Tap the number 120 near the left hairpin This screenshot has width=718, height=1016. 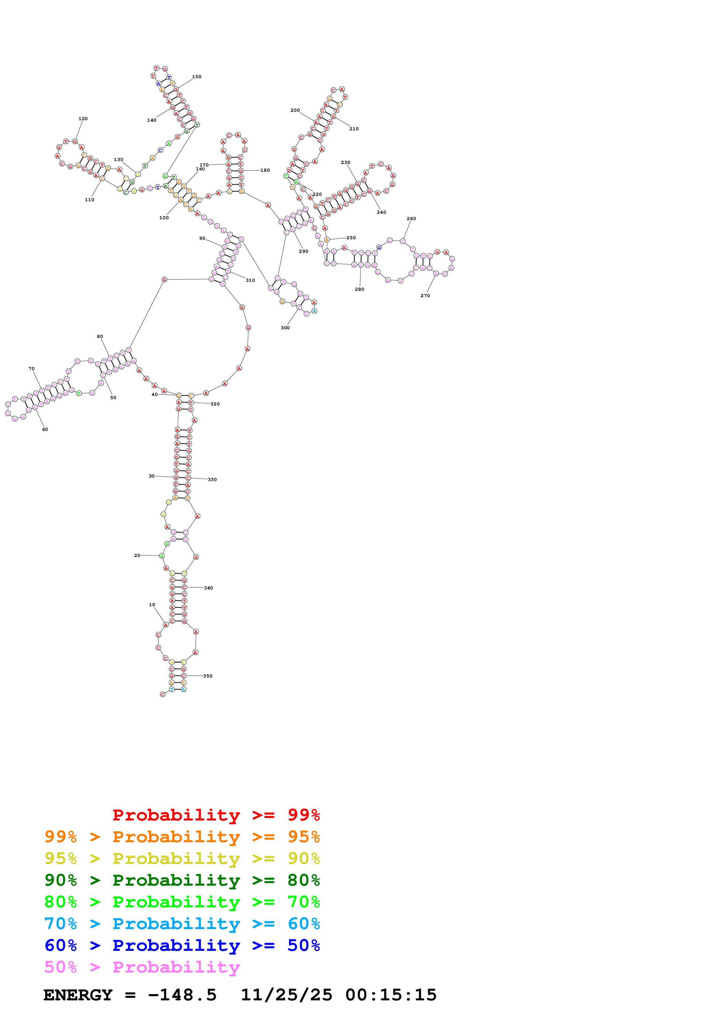point(83,118)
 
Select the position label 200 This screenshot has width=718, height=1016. point(295,110)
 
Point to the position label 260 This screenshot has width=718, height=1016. point(411,219)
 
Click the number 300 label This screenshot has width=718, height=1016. point(285,328)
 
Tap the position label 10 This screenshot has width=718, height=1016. point(152,604)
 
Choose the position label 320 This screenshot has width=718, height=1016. point(215,404)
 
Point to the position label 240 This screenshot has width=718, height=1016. point(381,212)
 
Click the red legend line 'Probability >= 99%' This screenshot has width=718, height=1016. point(216,815)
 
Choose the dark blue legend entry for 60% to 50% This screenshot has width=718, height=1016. point(182,945)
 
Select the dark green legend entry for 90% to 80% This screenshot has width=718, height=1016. point(182,880)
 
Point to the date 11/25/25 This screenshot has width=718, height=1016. point(286,995)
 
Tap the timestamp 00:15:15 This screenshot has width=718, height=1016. point(391,995)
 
